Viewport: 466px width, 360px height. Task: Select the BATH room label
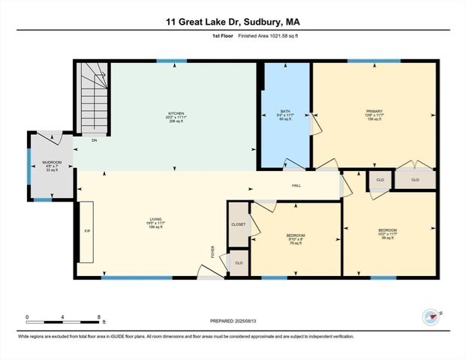[286, 115]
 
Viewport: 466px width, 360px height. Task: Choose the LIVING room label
[155, 223]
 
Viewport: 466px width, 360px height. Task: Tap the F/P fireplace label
[87, 231]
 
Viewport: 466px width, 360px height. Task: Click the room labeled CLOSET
[239, 223]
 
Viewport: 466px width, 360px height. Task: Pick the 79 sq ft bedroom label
[295, 238]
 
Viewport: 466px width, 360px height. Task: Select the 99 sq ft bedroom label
[387, 232]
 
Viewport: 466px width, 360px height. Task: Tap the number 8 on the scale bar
[99, 317]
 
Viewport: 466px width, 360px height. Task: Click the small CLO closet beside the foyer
[239, 262]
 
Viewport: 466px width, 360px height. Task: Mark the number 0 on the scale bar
[27, 317]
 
